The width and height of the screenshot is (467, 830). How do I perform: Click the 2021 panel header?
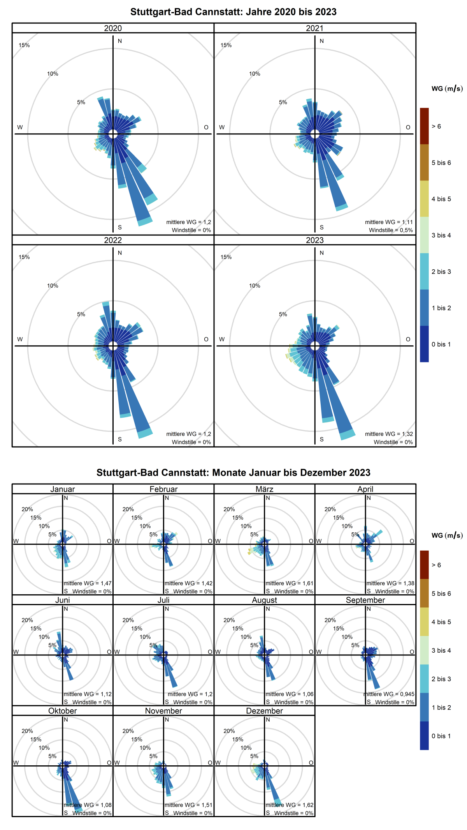(314, 28)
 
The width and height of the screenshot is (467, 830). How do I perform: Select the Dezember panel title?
(264, 711)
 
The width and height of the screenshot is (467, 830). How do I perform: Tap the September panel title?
(365, 600)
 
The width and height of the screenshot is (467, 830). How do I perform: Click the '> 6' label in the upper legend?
(436, 126)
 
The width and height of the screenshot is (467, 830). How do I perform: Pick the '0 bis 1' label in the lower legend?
(441, 736)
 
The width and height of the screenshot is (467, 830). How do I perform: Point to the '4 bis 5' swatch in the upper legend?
(424, 199)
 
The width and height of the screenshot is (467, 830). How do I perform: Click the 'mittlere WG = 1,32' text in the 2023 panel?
(389, 434)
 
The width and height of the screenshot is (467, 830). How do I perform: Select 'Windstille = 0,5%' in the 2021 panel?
(391, 230)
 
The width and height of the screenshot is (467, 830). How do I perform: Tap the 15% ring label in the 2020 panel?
(24, 45)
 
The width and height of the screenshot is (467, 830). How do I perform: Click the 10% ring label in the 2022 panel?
(53, 286)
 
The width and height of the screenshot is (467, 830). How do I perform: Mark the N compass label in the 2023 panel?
(321, 253)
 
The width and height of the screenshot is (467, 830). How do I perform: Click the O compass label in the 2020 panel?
(206, 127)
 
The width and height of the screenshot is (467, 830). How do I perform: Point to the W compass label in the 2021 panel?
(222, 127)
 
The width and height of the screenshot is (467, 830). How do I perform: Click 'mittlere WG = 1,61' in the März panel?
(289, 583)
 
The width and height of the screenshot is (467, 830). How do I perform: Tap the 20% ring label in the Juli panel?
(128, 620)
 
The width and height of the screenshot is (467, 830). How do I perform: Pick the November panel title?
(163, 711)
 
